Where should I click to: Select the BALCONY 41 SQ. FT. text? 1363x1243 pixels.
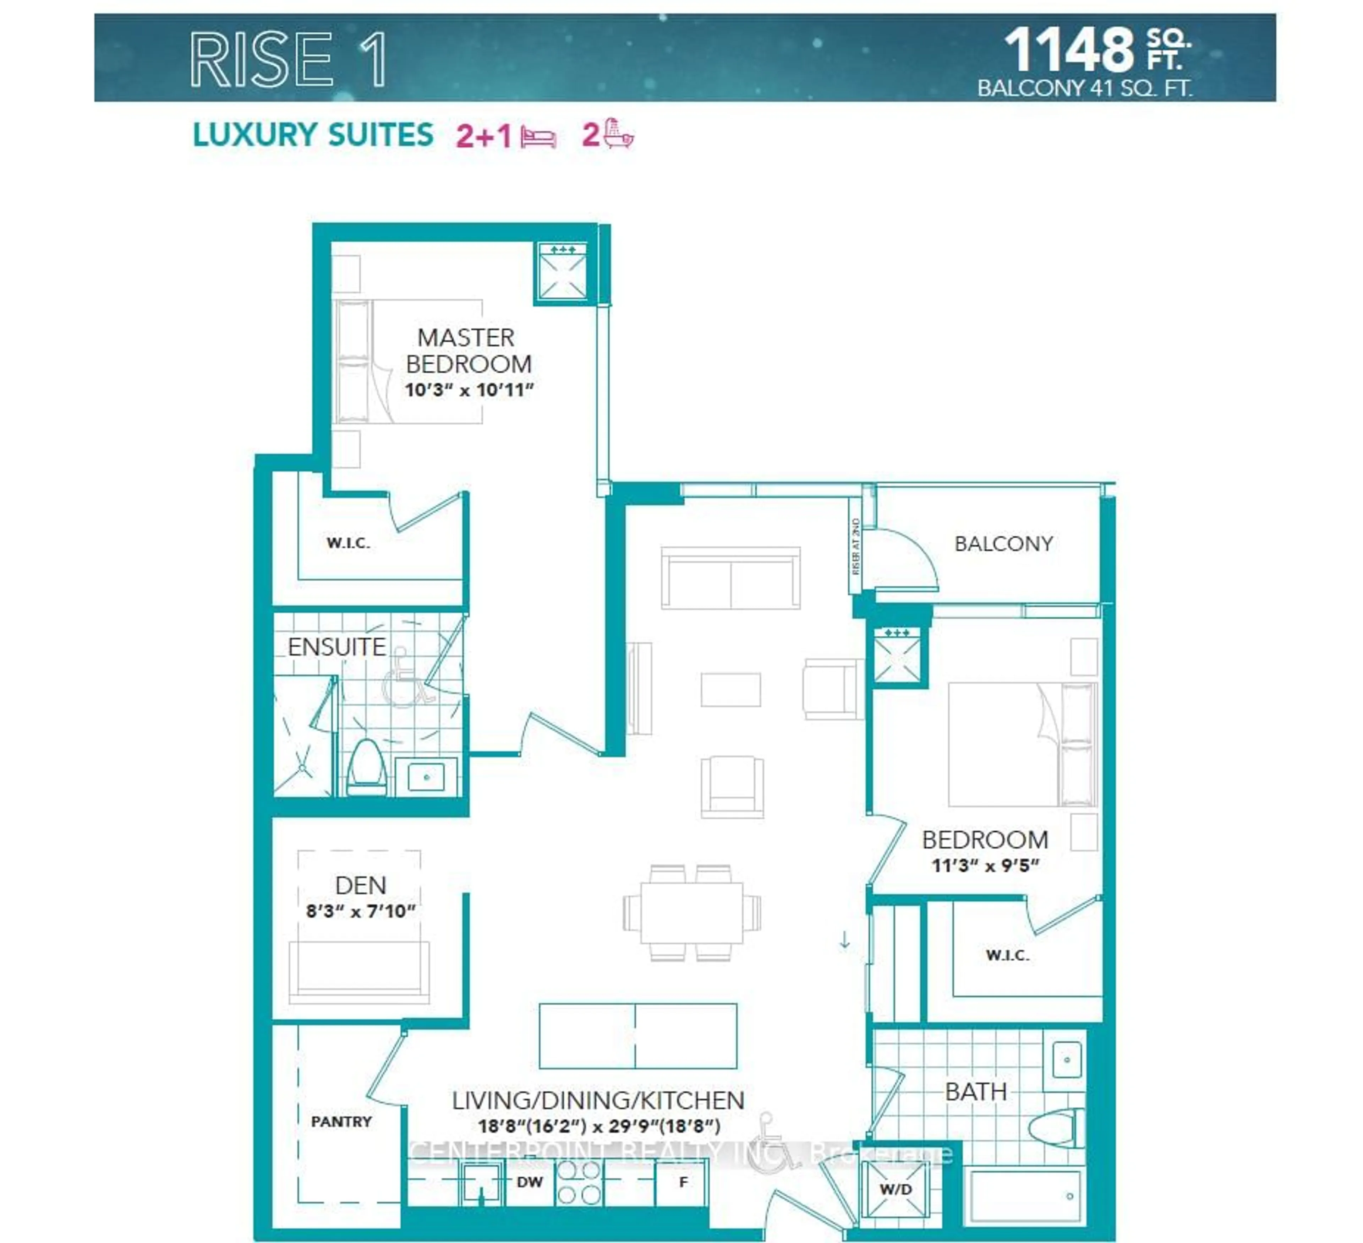coord(1084,88)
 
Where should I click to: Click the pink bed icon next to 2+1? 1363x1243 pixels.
coord(538,138)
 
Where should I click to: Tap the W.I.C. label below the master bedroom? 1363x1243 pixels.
coord(348,543)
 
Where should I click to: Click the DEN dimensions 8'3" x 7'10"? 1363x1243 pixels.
coord(360,911)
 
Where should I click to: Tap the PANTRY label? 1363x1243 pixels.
coord(341,1122)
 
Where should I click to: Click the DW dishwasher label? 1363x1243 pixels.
coord(529,1182)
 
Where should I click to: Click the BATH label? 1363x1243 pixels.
coord(976,1091)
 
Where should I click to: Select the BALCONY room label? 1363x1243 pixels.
coord(1003,544)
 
